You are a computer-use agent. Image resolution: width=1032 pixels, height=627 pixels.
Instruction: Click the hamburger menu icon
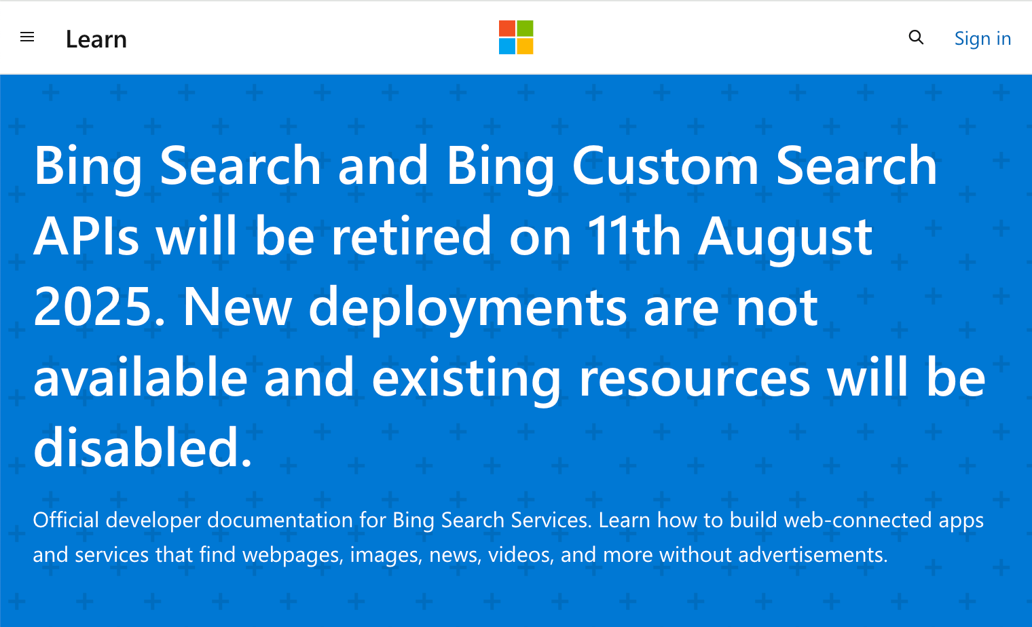coord(27,37)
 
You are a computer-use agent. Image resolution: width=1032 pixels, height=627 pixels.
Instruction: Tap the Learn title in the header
coord(96,39)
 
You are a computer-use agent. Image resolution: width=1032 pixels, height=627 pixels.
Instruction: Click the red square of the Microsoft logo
coord(506,28)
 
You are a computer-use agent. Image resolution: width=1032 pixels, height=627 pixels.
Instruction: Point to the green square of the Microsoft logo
coord(525,28)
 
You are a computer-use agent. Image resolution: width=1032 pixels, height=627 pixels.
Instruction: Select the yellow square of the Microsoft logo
coord(525,47)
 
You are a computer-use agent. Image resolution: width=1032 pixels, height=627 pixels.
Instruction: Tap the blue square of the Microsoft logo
coord(506,47)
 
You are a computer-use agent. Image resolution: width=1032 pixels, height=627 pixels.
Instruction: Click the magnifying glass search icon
coord(916,37)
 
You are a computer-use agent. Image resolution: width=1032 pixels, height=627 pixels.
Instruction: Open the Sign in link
coord(982,39)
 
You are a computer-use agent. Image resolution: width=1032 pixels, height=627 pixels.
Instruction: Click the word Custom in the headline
coord(665,166)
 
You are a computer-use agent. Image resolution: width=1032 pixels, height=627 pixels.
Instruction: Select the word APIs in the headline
coord(86,236)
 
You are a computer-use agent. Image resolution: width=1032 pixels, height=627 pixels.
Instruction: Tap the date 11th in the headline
coord(634,235)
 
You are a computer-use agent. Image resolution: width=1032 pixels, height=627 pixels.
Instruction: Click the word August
coord(785,240)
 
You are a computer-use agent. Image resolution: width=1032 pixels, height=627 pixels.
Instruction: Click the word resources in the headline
coord(695,379)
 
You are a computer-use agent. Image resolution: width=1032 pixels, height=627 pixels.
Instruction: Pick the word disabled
coord(143,447)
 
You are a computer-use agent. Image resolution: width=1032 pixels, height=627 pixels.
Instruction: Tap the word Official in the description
coord(66,520)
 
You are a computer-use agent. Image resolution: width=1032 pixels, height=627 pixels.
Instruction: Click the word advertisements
coord(813,554)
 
